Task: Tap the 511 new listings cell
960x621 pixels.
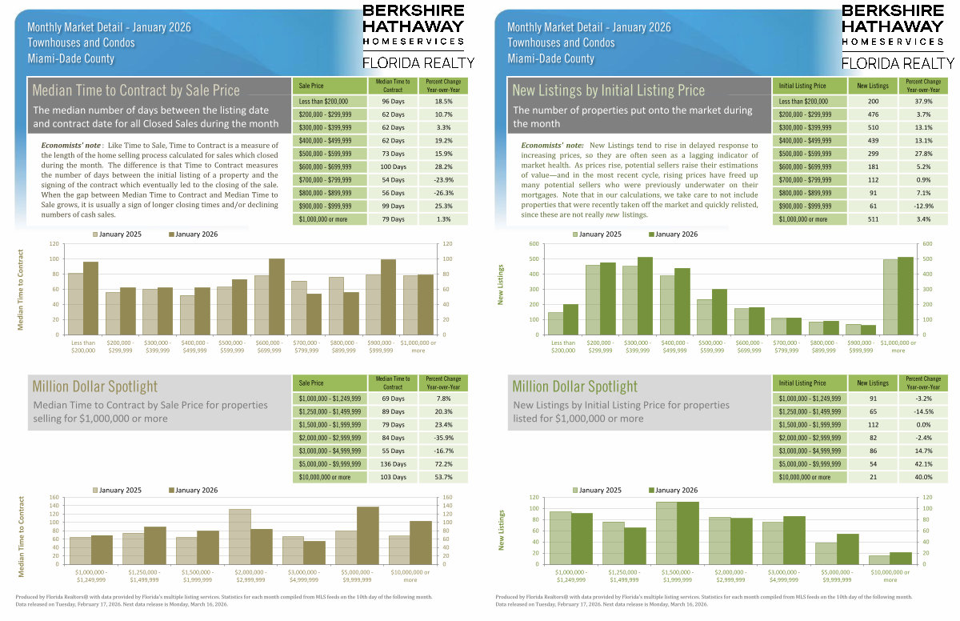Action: pos(872,218)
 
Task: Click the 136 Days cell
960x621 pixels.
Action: pos(394,464)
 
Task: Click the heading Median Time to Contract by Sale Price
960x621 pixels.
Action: pos(136,90)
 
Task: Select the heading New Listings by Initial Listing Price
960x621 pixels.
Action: pos(609,90)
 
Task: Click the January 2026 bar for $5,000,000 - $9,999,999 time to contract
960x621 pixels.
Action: pos(367,535)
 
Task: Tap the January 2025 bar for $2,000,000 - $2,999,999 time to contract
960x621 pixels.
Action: pos(239,536)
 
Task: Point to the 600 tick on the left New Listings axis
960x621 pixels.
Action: pos(533,244)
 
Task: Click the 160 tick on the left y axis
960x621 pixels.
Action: pos(54,498)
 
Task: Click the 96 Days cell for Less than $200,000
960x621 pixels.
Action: pos(394,102)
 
